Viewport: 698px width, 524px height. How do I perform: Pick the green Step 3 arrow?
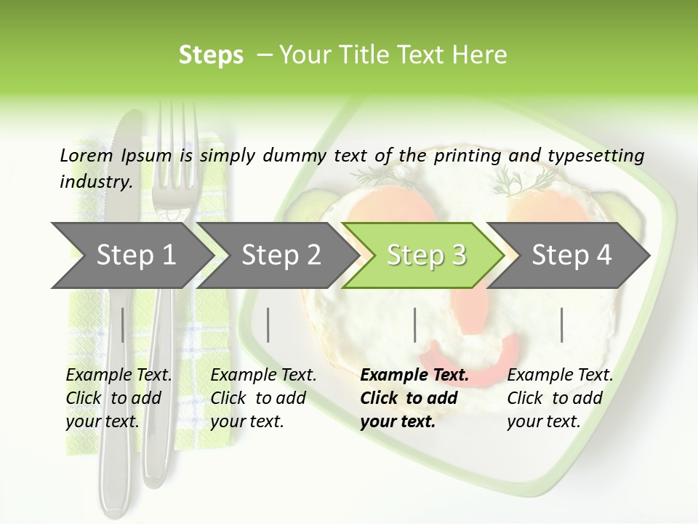pos(425,255)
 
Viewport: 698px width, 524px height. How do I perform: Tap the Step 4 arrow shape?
pos(571,255)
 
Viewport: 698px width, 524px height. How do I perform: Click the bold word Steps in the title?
pos(211,55)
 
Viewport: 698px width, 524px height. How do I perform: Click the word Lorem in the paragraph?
pos(87,155)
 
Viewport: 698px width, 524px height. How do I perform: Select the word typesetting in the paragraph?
pos(595,156)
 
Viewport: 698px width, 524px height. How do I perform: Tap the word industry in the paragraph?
pos(95,181)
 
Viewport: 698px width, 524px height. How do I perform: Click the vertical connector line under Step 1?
pos(123,325)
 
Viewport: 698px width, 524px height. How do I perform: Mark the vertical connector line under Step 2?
pos(268,325)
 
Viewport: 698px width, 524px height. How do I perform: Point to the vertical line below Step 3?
pos(414,325)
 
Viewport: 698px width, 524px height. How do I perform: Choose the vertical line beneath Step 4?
pos(561,325)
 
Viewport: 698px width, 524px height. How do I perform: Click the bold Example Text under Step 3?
pos(414,376)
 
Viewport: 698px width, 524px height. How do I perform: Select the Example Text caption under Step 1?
pos(119,376)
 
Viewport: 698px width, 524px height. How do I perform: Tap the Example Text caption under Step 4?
pos(560,376)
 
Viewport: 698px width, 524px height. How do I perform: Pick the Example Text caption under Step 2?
pos(263,376)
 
